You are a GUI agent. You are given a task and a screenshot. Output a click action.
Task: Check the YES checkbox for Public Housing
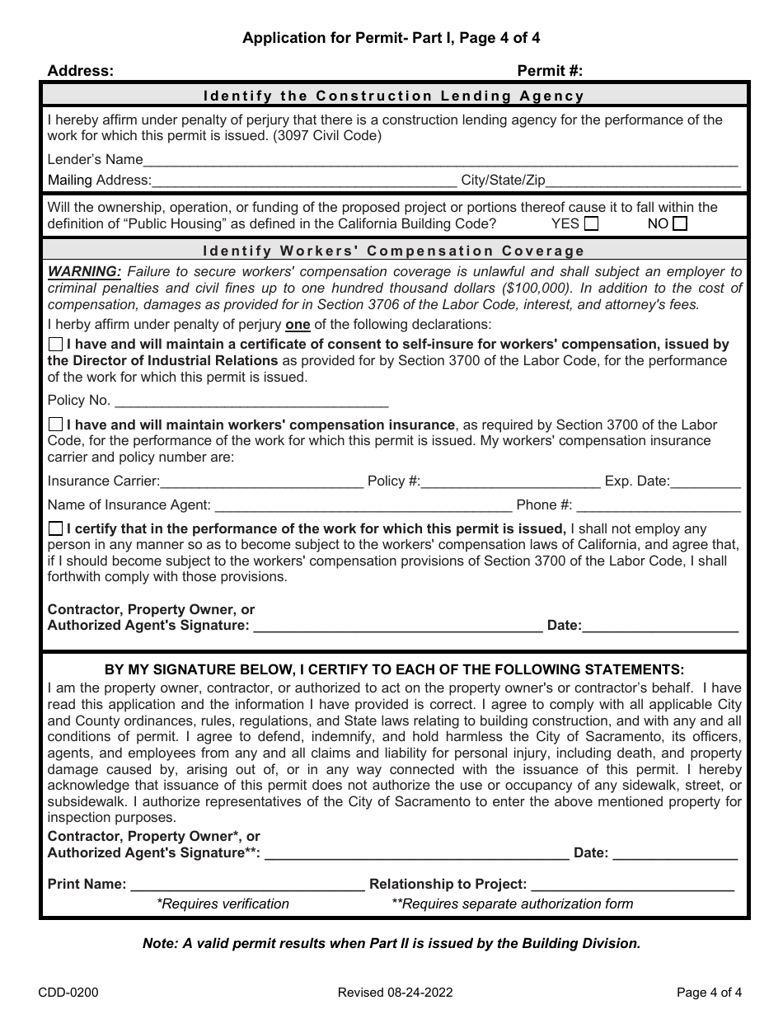[x=591, y=223]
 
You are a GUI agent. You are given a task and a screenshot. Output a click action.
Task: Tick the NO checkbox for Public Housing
[x=679, y=223]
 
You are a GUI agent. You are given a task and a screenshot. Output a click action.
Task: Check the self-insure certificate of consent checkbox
[x=55, y=345]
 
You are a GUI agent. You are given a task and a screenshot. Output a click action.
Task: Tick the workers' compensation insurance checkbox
[x=55, y=425]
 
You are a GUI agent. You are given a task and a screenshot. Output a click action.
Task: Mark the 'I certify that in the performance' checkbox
[x=55, y=528]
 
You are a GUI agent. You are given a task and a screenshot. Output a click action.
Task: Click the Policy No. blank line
[x=251, y=401]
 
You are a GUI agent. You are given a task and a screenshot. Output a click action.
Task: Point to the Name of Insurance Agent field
[x=363, y=505]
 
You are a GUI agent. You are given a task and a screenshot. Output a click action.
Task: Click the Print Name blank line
[x=247, y=885]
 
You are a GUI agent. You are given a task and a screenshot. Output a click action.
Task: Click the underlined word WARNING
[x=84, y=271]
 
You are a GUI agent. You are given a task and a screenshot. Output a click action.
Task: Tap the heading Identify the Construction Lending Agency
[x=394, y=96]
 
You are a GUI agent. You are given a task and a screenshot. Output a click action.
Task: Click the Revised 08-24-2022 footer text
[x=394, y=993]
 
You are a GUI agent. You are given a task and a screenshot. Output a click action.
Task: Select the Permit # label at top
[x=550, y=71]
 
